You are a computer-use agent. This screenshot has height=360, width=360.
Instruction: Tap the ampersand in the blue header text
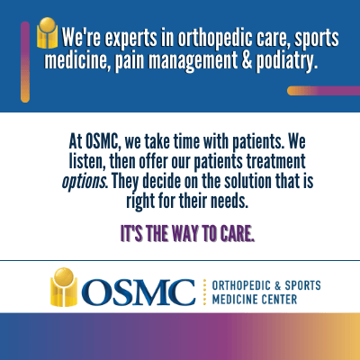click(246, 60)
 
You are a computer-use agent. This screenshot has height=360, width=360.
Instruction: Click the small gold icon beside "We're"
click(47, 33)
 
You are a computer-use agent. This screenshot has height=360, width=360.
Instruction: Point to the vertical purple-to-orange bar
click(25, 62)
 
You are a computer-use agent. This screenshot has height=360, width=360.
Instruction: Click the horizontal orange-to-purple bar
click(323, 91)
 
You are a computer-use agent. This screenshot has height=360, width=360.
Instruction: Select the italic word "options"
click(84, 182)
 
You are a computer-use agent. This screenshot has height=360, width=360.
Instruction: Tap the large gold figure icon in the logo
click(63, 287)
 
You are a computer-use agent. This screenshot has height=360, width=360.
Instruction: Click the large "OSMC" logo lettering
click(139, 292)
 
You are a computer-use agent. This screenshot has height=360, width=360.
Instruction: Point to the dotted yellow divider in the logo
click(204, 292)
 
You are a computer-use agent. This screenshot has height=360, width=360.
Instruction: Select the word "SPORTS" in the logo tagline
click(302, 285)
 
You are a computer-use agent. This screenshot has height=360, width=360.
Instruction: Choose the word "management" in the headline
click(193, 61)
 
